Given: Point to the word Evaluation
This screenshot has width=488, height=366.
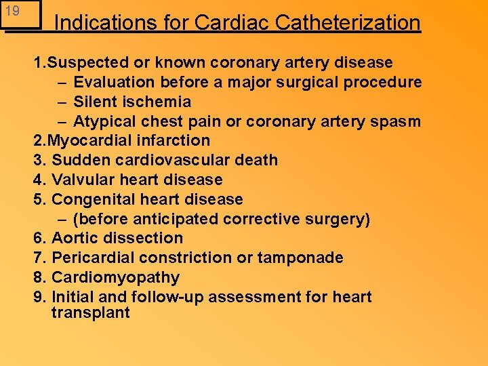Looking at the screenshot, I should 116,83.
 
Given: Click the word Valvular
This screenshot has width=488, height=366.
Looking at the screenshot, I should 80,180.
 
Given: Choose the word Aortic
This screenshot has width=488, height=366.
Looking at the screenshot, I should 73,239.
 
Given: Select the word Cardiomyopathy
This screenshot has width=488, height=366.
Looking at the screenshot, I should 115,278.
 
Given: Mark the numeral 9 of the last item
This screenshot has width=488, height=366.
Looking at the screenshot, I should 39,298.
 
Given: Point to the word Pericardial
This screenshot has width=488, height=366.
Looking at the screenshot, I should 93,258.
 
